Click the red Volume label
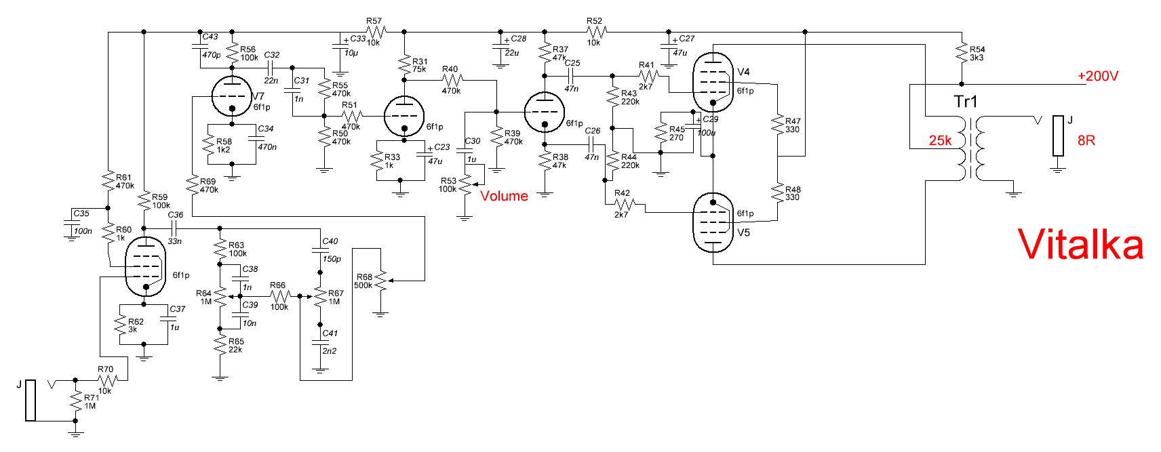(x=504, y=196)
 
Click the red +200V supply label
(x=1098, y=77)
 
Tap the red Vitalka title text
(x=1080, y=245)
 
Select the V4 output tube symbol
(x=713, y=81)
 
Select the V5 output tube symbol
(x=713, y=222)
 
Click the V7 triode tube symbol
(x=232, y=97)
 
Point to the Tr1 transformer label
(x=966, y=102)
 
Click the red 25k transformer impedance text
(x=940, y=140)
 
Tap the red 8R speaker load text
(x=1086, y=140)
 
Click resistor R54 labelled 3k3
(x=961, y=53)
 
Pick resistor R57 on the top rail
(x=374, y=31)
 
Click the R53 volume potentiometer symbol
(x=465, y=184)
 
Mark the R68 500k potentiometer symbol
(x=380, y=280)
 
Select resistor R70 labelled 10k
(x=106, y=380)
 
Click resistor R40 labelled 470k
(x=451, y=80)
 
